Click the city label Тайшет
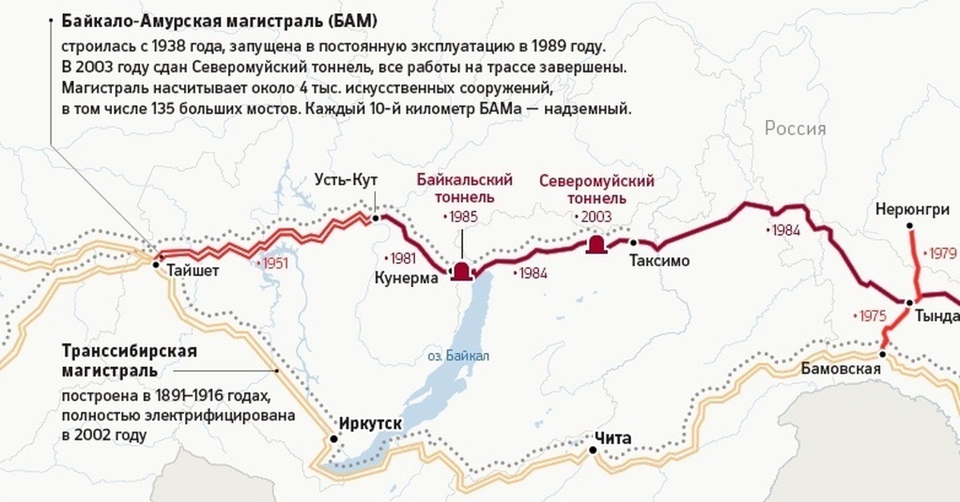192,272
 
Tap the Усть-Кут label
346,179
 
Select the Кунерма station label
406,278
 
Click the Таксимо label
659,261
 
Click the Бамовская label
841,369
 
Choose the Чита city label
613,438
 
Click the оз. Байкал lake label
458,356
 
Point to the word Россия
795,129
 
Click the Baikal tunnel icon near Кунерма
462,273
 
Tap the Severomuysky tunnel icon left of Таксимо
596,245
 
